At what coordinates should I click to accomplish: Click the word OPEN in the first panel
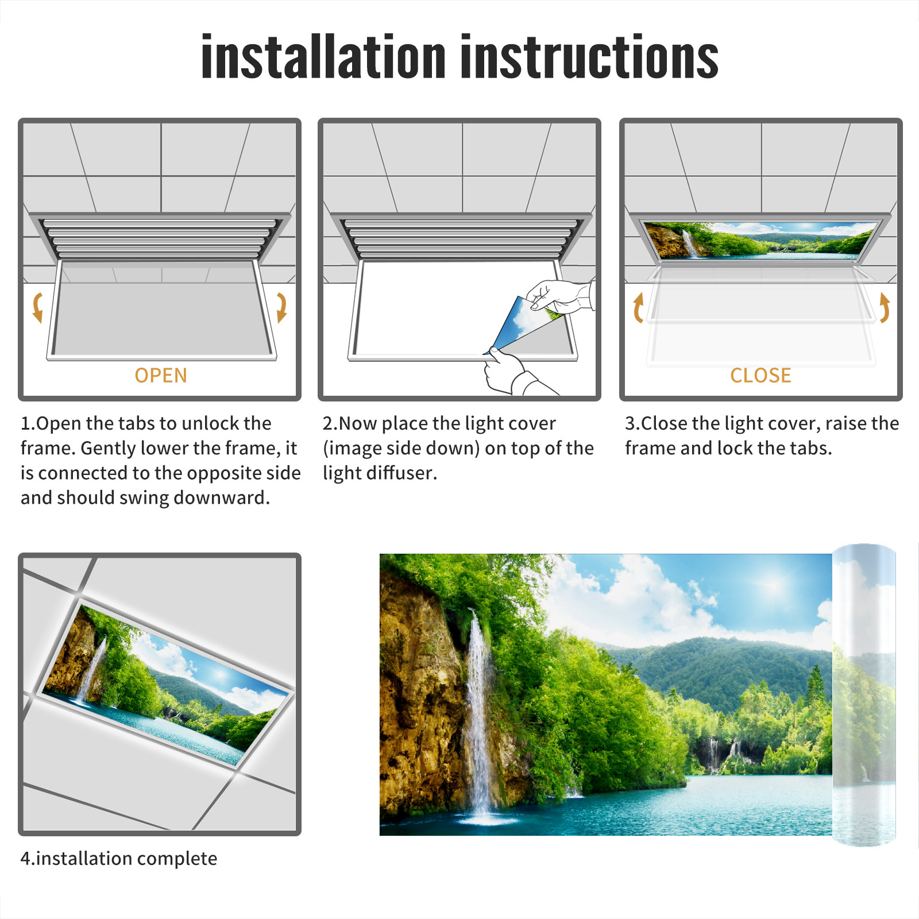[161, 376]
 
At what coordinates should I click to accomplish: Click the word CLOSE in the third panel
[760, 376]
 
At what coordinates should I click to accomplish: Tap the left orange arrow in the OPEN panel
[38, 307]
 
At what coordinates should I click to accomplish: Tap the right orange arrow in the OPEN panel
[281, 307]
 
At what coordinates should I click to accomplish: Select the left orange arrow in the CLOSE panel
[638, 307]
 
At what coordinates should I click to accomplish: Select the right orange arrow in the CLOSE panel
[885, 307]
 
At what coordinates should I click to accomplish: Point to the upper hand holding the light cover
[560, 296]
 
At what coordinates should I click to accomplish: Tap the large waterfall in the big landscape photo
[478, 712]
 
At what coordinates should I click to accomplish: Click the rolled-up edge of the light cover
[864, 695]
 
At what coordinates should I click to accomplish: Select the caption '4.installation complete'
[119, 859]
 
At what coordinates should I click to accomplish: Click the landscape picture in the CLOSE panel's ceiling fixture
[759, 240]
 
